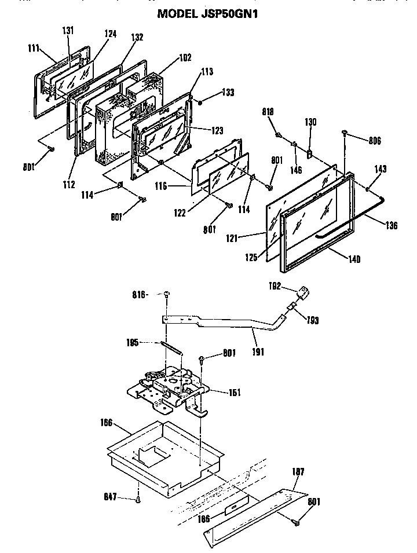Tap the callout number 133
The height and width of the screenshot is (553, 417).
(x=228, y=93)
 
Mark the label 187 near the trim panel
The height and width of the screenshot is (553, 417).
(x=298, y=473)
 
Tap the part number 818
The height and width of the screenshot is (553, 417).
(x=267, y=111)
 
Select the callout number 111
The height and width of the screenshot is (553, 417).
(x=33, y=49)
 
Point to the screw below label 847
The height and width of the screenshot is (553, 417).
(x=138, y=500)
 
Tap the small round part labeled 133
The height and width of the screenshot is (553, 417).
(x=200, y=102)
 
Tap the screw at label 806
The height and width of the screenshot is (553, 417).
(x=346, y=133)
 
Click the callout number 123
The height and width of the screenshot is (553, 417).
(x=217, y=131)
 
